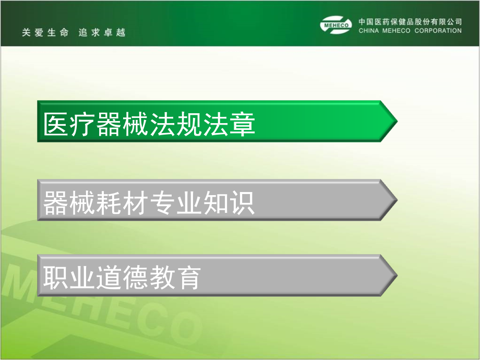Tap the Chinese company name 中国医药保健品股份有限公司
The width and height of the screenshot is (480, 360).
coord(410,21)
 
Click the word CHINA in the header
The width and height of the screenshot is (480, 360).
coord(370,31)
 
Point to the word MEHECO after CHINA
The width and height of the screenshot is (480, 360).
coord(400,31)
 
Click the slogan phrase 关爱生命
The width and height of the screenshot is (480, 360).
coord(45,32)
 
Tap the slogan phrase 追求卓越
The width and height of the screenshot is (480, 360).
coord(102,32)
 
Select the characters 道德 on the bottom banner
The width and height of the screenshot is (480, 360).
coord(123,278)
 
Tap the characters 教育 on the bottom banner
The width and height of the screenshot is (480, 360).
coord(175,278)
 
